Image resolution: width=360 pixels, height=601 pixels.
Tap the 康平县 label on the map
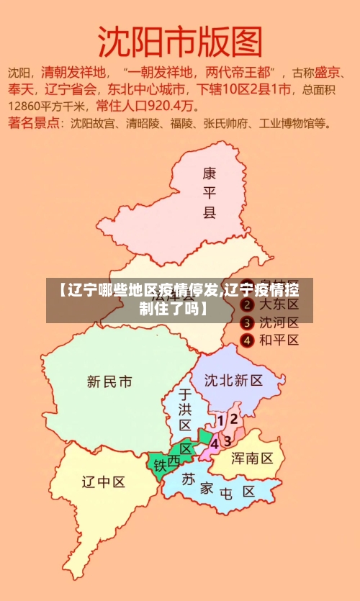pyautogui.click(x=209, y=193)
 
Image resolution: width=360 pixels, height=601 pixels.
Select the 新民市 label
pyautogui.click(x=109, y=381)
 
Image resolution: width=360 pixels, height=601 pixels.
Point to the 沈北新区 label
pyautogui.click(x=233, y=380)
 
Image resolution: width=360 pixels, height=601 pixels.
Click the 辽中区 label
pyautogui.click(x=103, y=482)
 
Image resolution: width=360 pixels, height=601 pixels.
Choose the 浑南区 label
pyautogui.click(x=251, y=458)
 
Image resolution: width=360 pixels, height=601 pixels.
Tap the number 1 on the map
pyautogui.click(x=220, y=419)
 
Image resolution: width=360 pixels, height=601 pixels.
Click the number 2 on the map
pyautogui.click(x=233, y=418)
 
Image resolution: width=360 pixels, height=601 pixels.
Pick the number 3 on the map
pyautogui.click(x=228, y=440)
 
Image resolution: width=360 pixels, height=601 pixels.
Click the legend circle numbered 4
pyautogui.click(x=246, y=340)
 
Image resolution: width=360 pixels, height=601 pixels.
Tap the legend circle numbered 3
pyautogui.click(x=246, y=322)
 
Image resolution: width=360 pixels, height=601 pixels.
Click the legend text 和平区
pyautogui.click(x=279, y=340)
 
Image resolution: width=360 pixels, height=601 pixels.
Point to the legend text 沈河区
pyautogui.click(x=279, y=322)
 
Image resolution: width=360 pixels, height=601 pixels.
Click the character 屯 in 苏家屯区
pyautogui.click(x=226, y=494)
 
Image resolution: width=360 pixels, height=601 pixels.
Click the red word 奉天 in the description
pyautogui.click(x=20, y=89)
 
